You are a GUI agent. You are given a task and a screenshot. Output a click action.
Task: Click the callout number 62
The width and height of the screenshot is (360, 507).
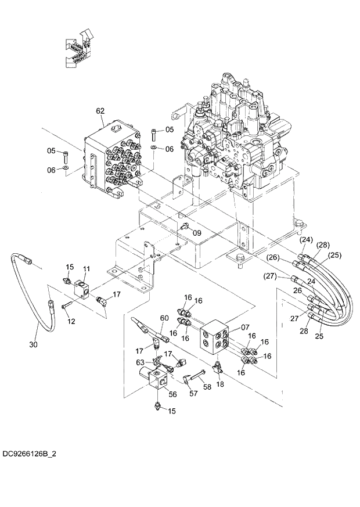point(100,110)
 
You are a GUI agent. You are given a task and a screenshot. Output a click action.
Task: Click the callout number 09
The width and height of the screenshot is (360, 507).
point(197,233)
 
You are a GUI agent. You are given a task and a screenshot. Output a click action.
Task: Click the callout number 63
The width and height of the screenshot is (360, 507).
point(140,362)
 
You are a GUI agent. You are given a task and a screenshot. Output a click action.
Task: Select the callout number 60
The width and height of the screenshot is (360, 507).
point(164,318)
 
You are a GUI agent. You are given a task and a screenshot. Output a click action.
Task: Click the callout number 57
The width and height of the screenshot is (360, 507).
point(193,393)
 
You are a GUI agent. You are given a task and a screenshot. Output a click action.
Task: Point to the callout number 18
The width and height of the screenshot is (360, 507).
point(220,385)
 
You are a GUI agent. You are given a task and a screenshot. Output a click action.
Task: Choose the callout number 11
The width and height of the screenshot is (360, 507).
point(87,268)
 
